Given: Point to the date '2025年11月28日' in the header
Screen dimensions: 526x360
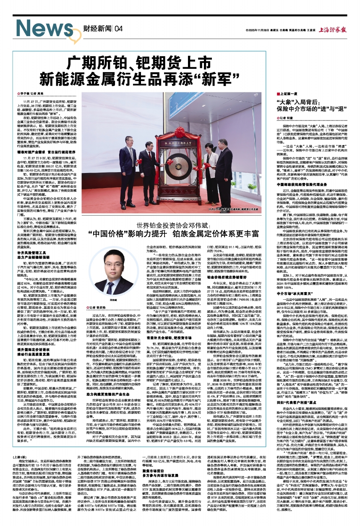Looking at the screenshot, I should (261, 31).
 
